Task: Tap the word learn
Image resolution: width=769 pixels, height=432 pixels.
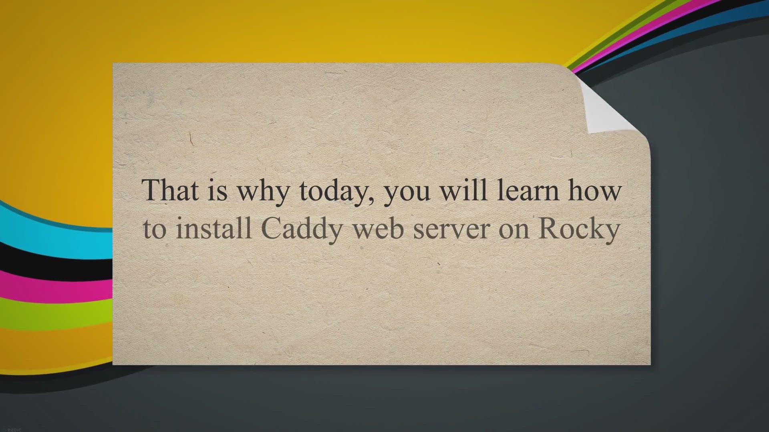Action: coord(528,190)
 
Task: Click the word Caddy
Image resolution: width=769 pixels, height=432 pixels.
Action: coord(303,231)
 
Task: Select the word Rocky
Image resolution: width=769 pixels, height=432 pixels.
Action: coord(579,231)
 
